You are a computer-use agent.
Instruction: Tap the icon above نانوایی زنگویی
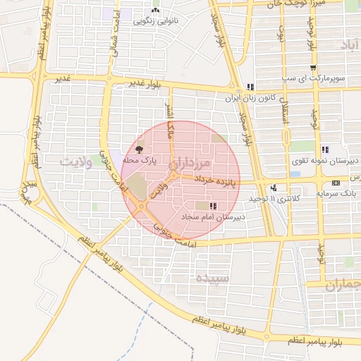click(155, 11)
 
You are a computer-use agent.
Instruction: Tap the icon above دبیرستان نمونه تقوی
click(325, 149)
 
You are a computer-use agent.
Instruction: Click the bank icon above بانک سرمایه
click(335, 183)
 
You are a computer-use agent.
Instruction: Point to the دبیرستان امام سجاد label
click(212, 216)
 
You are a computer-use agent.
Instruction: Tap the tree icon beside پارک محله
click(139, 149)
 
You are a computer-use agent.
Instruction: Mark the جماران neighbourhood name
click(343, 286)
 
